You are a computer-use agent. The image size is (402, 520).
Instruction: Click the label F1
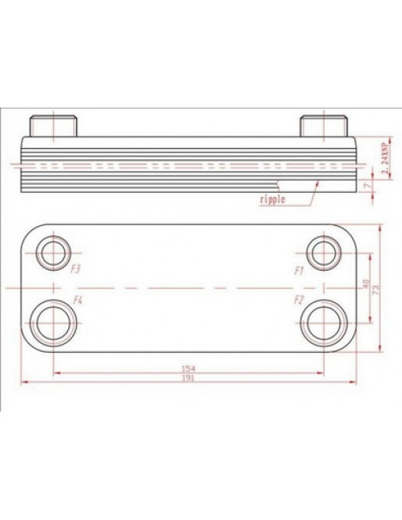[299, 270]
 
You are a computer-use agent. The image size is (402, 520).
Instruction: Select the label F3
[76, 269]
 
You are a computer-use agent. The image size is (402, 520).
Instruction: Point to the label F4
[78, 298]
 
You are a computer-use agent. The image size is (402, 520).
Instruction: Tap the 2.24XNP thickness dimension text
[385, 156]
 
